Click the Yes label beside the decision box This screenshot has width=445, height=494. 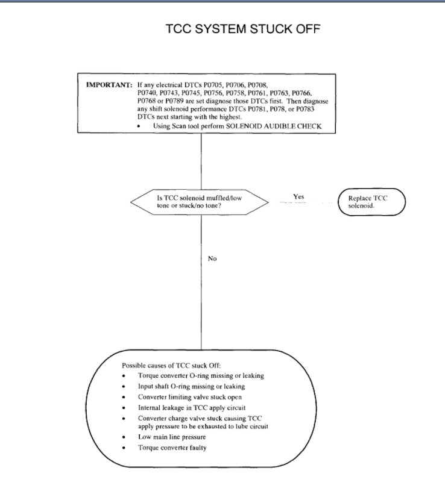(298, 196)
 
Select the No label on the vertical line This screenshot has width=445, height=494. (212, 258)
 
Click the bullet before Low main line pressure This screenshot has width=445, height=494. (124, 437)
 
